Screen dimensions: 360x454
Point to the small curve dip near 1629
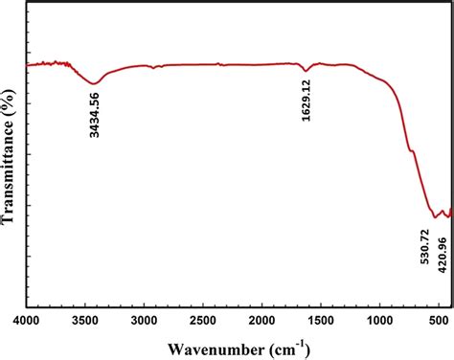(306, 71)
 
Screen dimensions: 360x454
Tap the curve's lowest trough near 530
(436, 216)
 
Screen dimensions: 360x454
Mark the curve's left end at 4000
(28, 65)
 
